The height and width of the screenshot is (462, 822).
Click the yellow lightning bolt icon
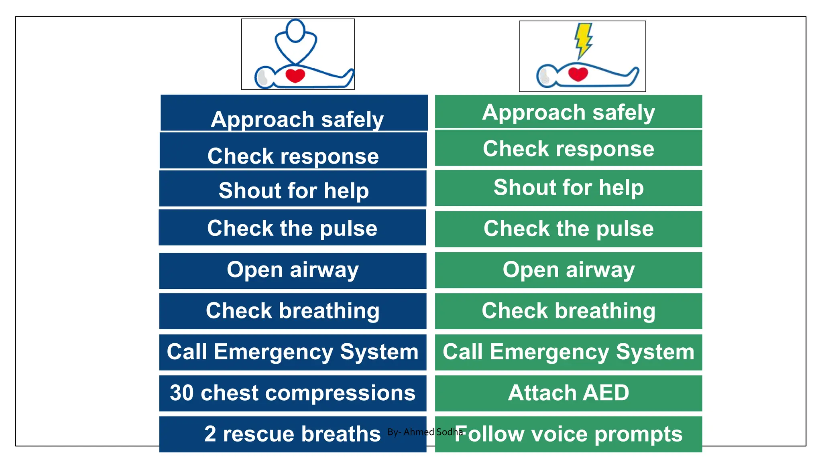pos(583,41)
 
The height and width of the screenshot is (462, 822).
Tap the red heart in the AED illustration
pos(578,74)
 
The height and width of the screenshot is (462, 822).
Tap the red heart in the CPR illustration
pos(295,75)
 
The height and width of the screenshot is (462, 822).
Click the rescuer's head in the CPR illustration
pos(296,31)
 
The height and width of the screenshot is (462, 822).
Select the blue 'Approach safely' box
pos(294,113)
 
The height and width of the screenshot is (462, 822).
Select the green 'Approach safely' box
pos(568,112)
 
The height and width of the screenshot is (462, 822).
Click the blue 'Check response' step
pos(293,151)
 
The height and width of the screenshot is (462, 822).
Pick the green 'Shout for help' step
pos(568,188)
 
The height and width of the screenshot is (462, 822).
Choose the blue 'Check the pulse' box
pos(292,227)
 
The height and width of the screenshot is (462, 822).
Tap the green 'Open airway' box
pos(568,270)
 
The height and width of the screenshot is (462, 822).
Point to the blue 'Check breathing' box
pos(293,311)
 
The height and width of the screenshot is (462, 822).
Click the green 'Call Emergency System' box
pos(568,352)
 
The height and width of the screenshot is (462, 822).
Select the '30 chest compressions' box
pos(293,393)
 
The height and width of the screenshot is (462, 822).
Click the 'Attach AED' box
pos(568,393)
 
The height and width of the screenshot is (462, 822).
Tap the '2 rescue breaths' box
pos(293,434)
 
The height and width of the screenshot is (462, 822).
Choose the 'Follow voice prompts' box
pos(568,434)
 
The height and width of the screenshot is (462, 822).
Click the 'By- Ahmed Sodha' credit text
pos(425,432)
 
